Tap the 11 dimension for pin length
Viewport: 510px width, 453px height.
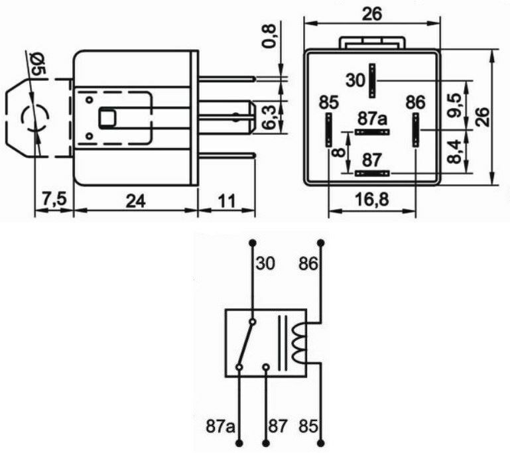coord(227,200)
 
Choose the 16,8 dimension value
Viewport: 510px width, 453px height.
coord(372,200)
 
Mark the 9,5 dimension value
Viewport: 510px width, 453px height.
coord(454,105)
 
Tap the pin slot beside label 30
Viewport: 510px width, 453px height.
coord(373,81)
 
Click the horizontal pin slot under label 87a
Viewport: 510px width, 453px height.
coord(372,132)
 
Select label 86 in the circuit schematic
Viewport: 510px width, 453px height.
coord(309,264)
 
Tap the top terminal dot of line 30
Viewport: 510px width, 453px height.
coord(252,242)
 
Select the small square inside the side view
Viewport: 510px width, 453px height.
coord(107,118)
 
